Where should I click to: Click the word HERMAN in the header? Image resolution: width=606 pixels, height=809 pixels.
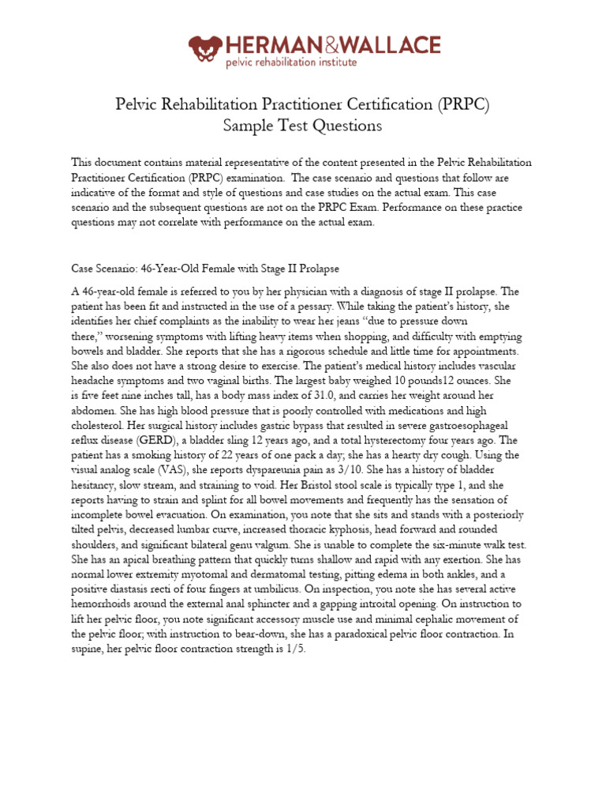click(268, 45)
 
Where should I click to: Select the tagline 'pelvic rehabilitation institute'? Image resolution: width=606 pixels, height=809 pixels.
click(291, 62)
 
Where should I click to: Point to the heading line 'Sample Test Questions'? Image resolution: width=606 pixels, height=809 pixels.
click(302, 126)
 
